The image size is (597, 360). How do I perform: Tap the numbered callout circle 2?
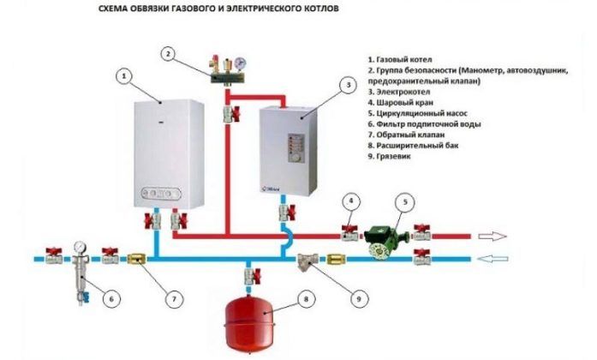point(170,55)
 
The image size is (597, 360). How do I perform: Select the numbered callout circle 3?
point(347,85)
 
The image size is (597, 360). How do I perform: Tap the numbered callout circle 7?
point(173,299)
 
